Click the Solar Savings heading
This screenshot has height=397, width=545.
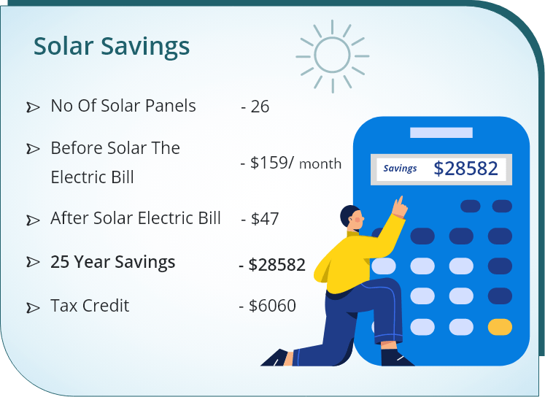coord(112,47)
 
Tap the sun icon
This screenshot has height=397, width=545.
coord(332,55)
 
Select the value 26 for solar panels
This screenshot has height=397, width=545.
coord(260,107)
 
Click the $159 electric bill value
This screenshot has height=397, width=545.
coord(272,163)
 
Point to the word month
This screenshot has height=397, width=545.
coord(320,164)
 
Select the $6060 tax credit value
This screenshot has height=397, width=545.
coord(272,306)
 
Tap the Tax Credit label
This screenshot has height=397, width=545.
coord(90,306)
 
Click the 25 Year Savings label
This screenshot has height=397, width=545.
coord(113,262)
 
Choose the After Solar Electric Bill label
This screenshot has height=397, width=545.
coord(136,218)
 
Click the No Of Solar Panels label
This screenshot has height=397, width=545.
coord(123,106)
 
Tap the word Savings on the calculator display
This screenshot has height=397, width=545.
coord(400,169)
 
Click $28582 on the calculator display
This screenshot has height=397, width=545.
coord(465,169)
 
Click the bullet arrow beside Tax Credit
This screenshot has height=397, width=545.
coord(33,308)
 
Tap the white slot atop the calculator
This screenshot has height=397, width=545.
coord(441,133)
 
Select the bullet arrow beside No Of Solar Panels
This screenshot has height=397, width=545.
coord(33,108)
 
